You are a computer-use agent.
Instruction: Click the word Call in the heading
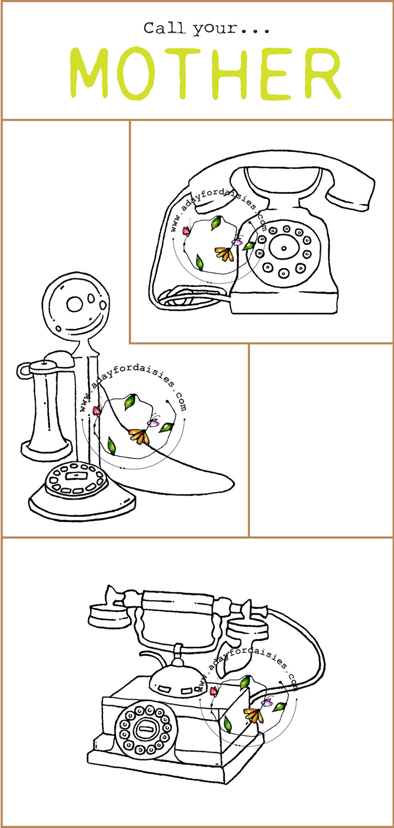coord(164,28)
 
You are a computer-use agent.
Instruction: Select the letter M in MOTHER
coord(92,73)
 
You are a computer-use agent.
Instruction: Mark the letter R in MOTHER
coord(319,74)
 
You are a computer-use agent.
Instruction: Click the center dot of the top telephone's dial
coord(284,248)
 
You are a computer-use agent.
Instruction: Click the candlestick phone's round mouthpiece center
coord(75,304)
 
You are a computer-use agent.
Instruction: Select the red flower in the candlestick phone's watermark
coord(97,410)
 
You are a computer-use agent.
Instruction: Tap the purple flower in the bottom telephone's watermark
coord(267,702)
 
